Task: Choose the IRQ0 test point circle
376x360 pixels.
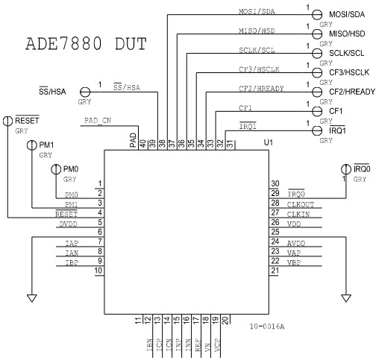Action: (x=347, y=170)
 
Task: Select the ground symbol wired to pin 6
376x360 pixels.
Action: (x=31, y=297)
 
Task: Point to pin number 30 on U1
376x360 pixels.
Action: (x=275, y=183)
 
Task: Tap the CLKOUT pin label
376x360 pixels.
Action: (x=301, y=203)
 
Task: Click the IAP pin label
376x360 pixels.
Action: (x=72, y=242)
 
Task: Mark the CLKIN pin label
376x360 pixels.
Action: (x=298, y=212)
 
